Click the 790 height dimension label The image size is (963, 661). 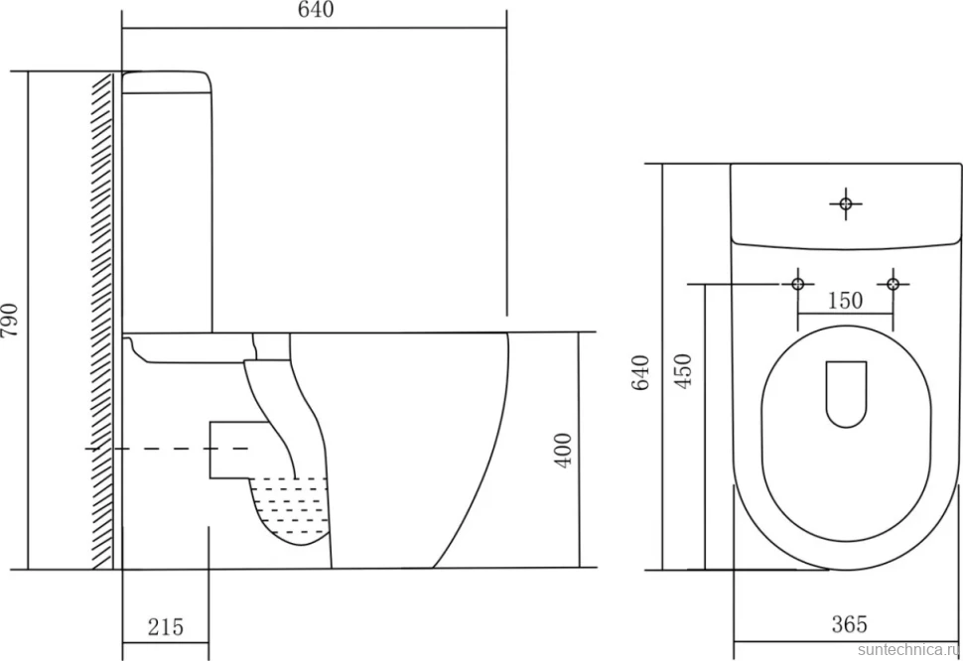click(x=11, y=321)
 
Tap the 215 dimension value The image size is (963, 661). click(x=165, y=626)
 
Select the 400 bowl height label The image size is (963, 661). click(x=563, y=451)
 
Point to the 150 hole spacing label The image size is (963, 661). click(x=845, y=301)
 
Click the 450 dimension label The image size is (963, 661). click(x=683, y=371)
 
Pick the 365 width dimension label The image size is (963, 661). click(x=850, y=624)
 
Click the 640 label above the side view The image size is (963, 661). click(x=317, y=10)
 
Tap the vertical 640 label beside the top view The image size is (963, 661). click(x=640, y=372)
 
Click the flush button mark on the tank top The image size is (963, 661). click(x=846, y=203)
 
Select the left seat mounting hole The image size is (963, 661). click(x=798, y=284)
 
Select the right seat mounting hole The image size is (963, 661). click(x=893, y=284)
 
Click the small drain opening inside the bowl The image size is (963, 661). click(x=846, y=394)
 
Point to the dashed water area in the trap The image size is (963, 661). click(x=290, y=509)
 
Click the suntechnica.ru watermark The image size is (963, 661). click(x=909, y=650)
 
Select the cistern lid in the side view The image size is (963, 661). click(x=167, y=82)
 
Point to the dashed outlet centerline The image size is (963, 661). click(x=167, y=450)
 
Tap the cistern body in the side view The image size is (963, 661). click(x=167, y=212)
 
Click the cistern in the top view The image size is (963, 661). click(x=845, y=206)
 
